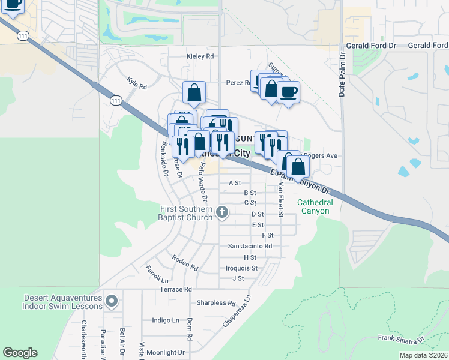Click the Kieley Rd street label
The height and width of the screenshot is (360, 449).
point(200,56)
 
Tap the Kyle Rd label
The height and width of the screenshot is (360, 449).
point(137,83)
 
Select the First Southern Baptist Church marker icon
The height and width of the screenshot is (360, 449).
point(222,211)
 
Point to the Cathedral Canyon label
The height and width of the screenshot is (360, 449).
point(314,206)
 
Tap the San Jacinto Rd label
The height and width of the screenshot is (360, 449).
point(250,246)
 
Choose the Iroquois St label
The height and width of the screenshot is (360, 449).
point(241,268)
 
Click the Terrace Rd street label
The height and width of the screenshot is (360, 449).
point(175,289)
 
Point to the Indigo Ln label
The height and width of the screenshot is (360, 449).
point(166,320)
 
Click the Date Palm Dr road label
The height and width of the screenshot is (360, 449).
point(342,74)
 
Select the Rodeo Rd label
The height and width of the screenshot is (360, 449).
point(184,261)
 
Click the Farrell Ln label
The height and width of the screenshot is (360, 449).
point(157,274)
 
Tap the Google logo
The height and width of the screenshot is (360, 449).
point(20,353)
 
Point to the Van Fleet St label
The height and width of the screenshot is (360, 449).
point(280,201)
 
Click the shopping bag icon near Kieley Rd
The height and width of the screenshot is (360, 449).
point(194,93)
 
